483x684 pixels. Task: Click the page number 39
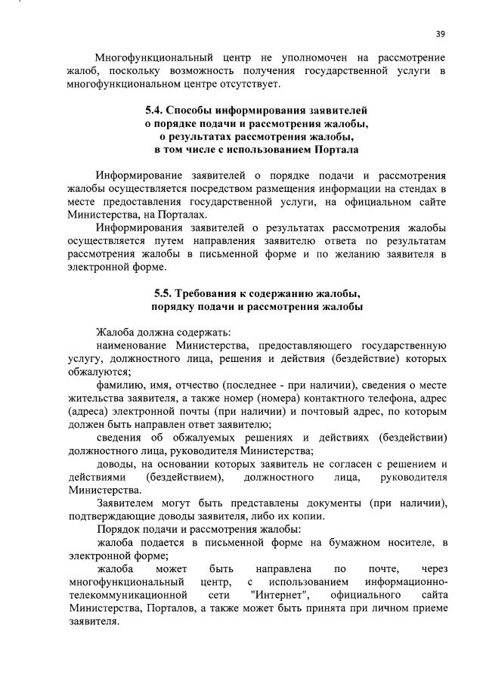(441, 33)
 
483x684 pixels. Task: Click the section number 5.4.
(155, 110)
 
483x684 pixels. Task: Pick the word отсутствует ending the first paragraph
(254, 83)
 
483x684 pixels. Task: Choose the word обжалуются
(98, 372)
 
